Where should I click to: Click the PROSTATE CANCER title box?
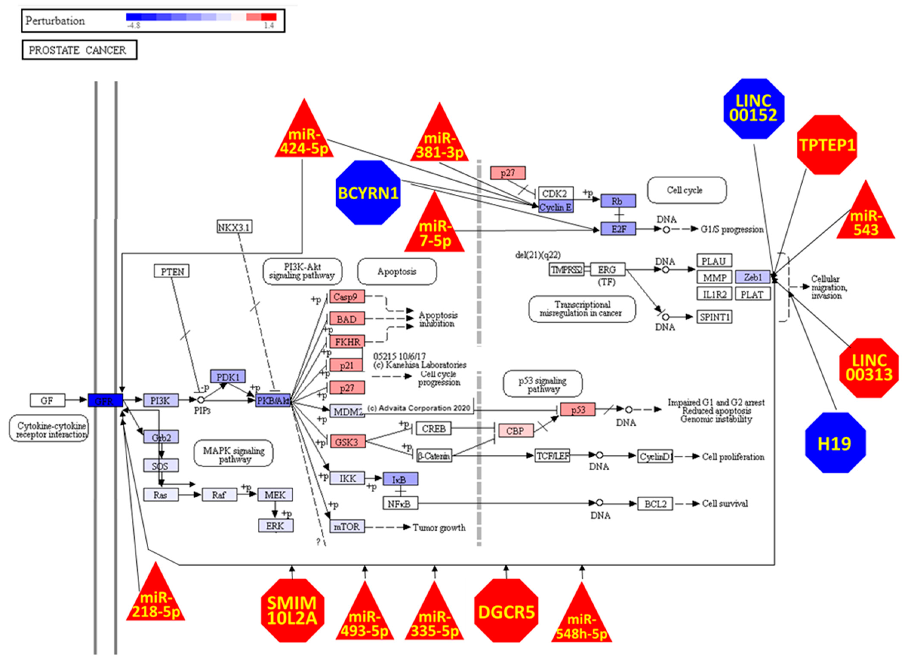click(x=79, y=50)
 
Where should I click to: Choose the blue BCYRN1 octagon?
click(x=368, y=193)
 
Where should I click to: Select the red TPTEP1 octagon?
click(x=827, y=145)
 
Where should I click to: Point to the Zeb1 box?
click(x=753, y=277)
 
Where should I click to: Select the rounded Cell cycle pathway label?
click(x=686, y=190)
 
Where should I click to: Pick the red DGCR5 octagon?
click(x=506, y=611)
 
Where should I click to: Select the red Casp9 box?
click(x=347, y=297)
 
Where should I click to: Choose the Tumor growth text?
click(x=439, y=527)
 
